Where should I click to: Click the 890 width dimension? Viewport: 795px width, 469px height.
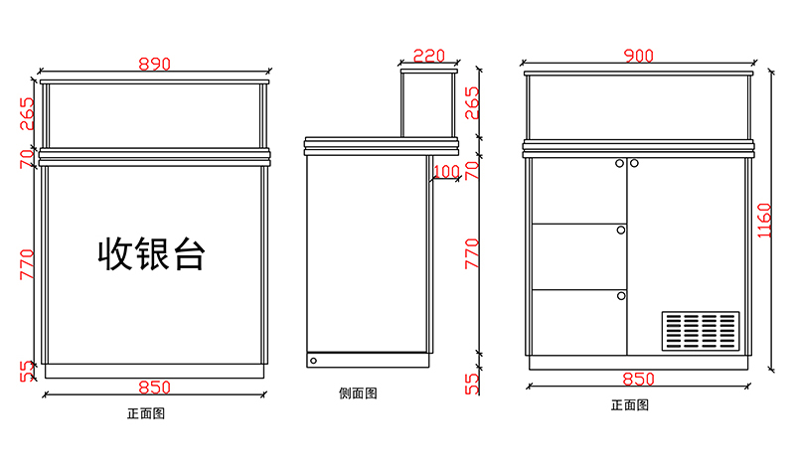pos(154,64)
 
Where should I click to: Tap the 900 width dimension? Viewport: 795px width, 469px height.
pos(637,56)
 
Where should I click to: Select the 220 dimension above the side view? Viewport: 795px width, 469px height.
pos(428,56)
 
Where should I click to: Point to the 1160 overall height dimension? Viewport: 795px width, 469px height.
pos(763,221)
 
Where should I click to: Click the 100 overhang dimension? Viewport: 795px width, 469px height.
pos(446,172)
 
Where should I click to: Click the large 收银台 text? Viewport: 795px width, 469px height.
pos(151,253)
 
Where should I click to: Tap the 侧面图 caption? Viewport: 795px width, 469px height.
pos(358,393)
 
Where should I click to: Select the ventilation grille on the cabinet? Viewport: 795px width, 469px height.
pos(701,332)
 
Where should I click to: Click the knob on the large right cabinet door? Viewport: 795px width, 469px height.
pos(634,163)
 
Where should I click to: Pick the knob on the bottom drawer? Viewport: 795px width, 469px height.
pos(620,295)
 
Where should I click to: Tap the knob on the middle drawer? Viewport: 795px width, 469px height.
pos(620,230)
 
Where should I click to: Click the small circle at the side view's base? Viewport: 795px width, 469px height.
pos(314,359)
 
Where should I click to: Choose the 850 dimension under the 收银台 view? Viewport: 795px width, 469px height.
pos(154,387)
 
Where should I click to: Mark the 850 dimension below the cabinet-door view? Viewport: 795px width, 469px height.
pos(637,379)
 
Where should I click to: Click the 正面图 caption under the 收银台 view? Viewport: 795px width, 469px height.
pos(145,412)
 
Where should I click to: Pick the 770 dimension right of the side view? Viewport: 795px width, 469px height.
pos(472,254)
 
